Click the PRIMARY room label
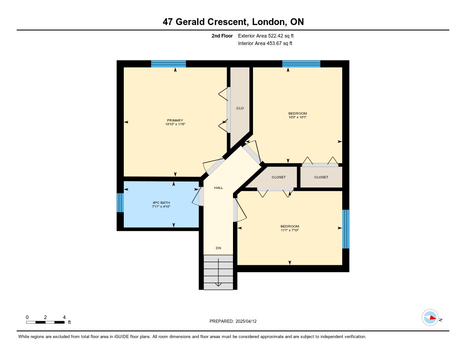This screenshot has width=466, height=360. (x=175, y=121)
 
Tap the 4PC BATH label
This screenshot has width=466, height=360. (x=161, y=203)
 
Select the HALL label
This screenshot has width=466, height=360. (x=218, y=188)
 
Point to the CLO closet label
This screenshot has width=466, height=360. (x=240, y=108)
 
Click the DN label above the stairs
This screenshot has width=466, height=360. (x=218, y=248)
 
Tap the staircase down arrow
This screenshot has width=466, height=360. (x=218, y=272)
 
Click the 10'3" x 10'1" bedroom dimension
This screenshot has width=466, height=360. (x=298, y=117)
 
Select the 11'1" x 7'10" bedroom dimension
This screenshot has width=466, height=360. (x=290, y=230)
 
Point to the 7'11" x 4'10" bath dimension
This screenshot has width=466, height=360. (x=161, y=207)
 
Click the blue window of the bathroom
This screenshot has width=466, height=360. (x=120, y=203)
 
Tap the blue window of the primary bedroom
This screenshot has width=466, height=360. (x=168, y=64)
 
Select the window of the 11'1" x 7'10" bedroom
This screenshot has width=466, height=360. (x=346, y=229)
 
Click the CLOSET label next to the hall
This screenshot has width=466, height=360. (x=279, y=177)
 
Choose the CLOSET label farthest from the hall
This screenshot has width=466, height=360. (x=321, y=177)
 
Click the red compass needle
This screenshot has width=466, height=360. (x=433, y=318)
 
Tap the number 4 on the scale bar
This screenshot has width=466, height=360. (x=64, y=317)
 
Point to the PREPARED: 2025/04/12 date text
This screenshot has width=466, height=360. (x=233, y=321)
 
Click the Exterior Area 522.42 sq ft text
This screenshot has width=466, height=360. (x=266, y=36)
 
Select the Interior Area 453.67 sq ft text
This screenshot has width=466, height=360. (x=265, y=43)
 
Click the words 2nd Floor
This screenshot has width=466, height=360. (x=222, y=36)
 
